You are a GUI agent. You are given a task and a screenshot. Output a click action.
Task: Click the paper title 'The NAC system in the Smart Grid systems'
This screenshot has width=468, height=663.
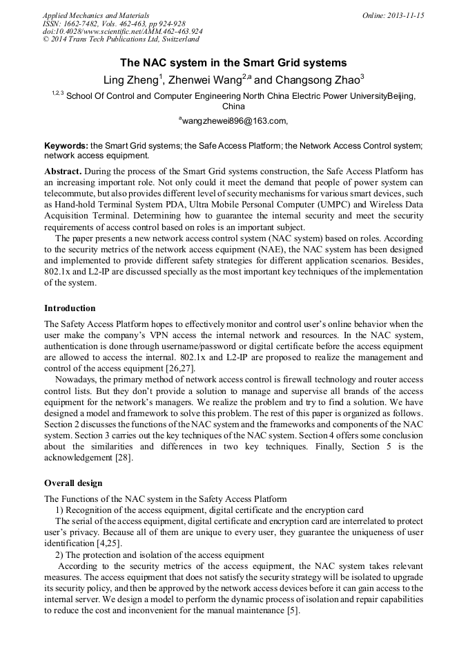coord(233,63)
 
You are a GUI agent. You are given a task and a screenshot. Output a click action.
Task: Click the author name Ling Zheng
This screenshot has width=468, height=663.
coord(130,80)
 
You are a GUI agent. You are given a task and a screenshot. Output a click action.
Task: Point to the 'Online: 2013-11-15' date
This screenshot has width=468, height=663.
coord(393,15)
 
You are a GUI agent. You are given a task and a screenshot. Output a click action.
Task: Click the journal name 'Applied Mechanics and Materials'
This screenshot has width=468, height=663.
coord(96,15)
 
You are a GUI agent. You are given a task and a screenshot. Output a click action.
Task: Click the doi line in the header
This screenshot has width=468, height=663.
coord(122,32)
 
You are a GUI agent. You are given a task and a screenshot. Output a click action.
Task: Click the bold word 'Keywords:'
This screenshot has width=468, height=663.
coord(66,147)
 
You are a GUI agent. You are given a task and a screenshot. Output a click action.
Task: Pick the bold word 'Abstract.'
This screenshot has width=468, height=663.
coord(64,170)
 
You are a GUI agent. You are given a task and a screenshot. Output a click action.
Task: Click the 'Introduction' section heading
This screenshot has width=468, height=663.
coord(70,308)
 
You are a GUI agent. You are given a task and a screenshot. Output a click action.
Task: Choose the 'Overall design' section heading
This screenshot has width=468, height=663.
coord(72,483)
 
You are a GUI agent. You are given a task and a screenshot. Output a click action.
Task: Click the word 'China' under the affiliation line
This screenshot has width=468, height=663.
coord(233,106)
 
